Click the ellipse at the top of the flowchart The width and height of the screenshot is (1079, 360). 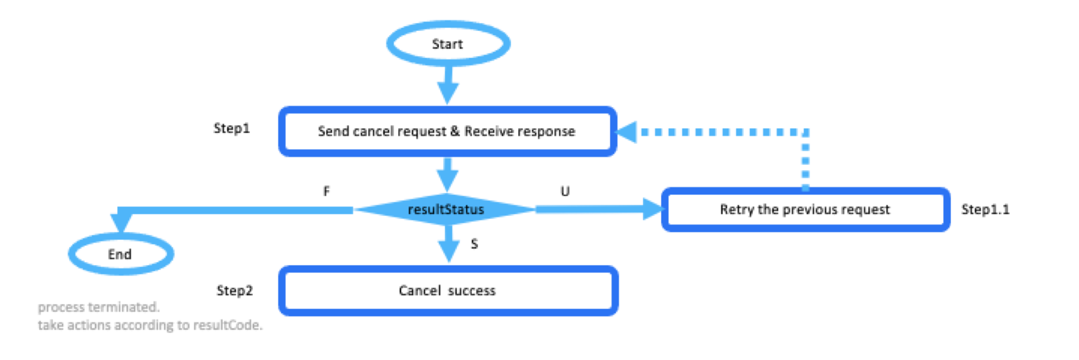pos(448,43)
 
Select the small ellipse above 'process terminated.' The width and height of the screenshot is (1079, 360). pos(121,254)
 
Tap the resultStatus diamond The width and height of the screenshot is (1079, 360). pos(446,210)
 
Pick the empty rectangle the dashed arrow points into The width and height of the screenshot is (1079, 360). pos(447,131)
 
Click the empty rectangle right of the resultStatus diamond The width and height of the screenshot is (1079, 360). pos(805,210)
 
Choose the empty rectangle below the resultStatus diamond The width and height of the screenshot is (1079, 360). pos(448,290)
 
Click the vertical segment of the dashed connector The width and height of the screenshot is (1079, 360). pos(805,162)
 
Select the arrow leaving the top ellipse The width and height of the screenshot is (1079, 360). pos(448,85)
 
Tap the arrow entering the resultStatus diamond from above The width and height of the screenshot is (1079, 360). pos(448,175)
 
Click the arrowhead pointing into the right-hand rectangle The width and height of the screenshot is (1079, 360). pos(653,210)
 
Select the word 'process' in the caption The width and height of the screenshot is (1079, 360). pos(61,308)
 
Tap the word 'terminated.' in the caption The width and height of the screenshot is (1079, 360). pos(123,308)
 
